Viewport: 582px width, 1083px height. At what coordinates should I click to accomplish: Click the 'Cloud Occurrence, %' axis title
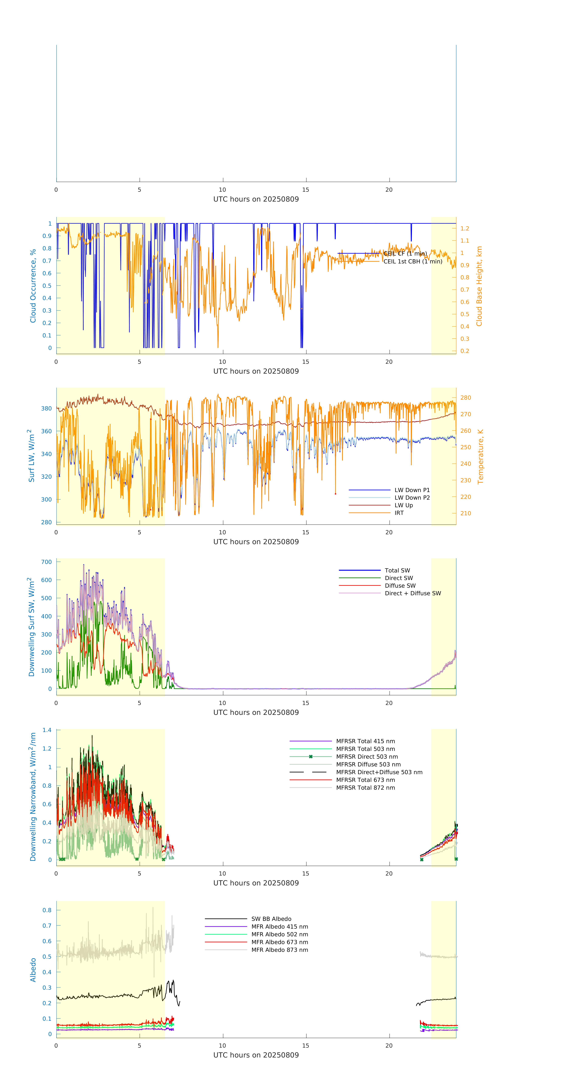click(33, 286)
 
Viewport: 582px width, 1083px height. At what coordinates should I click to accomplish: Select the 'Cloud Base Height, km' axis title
click(479, 286)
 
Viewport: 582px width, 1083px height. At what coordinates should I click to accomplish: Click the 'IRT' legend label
click(399, 513)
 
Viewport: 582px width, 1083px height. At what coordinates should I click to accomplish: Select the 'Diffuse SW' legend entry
click(400, 586)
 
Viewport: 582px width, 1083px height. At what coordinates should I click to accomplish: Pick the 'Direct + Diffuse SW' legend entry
click(412, 593)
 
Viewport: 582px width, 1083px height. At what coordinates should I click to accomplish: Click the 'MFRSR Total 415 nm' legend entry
click(365, 741)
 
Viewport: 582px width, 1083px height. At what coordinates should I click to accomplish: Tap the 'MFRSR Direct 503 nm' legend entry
click(367, 757)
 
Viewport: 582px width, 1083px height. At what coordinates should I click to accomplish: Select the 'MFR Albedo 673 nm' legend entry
click(279, 942)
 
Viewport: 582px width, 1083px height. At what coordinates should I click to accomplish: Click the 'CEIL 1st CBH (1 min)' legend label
click(412, 261)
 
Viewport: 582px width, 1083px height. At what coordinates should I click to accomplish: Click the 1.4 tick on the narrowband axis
click(47, 730)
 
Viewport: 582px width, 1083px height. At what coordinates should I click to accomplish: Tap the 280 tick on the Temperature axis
click(465, 398)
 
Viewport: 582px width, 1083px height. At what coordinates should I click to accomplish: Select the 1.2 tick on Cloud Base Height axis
click(465, 228)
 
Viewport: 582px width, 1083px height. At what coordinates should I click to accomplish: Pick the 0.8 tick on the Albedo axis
click(47, 910)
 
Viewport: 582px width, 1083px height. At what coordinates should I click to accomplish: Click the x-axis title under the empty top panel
click(256, 199)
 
